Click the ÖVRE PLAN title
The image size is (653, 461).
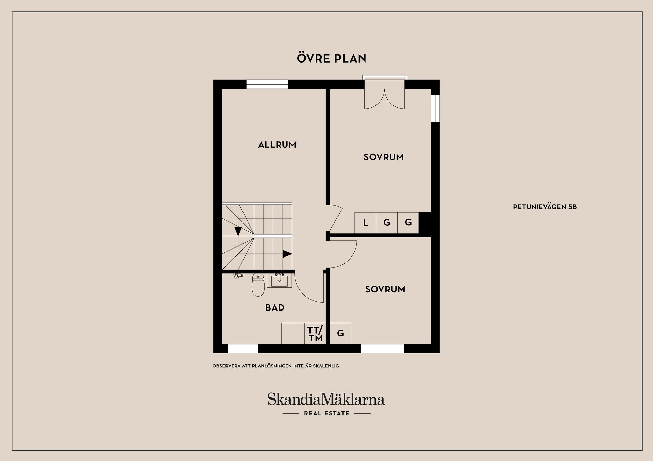click(x=332, y=58)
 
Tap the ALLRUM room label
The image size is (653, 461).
click(x=277, y=145)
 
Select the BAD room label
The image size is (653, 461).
click(x=275, y=307)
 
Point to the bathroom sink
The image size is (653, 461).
click(x=279, y=281)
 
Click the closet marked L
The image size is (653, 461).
click(x=365, y=223)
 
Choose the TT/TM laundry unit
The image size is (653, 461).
click(x=315, y=334)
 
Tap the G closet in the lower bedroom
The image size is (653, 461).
click(x=340, y=334)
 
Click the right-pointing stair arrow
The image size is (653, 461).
click(x=288, y=254)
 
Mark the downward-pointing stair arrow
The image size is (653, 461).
click(x=238, y=231)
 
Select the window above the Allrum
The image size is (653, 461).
click(x=267, y=84)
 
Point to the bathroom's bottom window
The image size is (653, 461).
click(x=242, y=349)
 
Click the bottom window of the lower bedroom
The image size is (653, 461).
click(x=382, y=349)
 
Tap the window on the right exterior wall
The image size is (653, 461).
click(x=435, y=108)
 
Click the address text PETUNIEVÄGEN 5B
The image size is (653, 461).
click(x=545, y=207)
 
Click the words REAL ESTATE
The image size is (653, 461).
click(x=326, y=413)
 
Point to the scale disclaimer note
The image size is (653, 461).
click(x=275, y=366)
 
